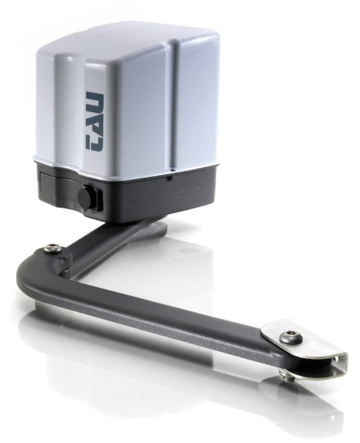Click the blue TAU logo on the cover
pos(95,121)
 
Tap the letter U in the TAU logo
pos(95,100)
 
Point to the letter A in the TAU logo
pos(95,121)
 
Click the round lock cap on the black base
pos(84,194)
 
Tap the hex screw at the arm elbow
pos(53,248)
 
